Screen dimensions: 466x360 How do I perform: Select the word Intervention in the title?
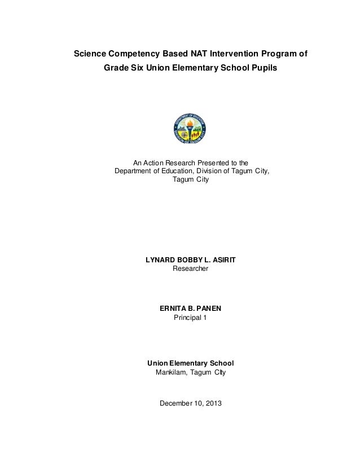[x=230, y=55]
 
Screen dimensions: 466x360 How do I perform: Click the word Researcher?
[x=190, y=270]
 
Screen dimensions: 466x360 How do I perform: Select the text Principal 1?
[x=190, y=319]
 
